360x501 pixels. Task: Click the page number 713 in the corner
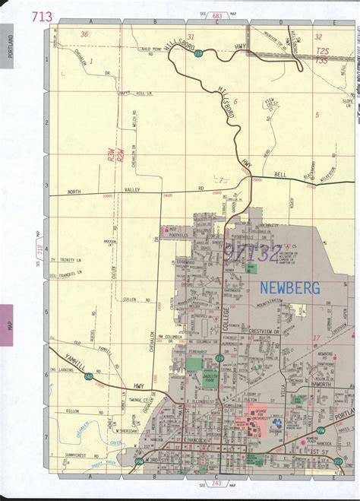coord(43,16)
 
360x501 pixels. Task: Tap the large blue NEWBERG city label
coord(290,287)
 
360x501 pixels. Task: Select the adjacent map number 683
coord(216,14)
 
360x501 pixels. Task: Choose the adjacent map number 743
coord(216,484)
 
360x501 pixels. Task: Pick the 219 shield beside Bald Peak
coord(198,55)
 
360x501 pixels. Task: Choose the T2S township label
coord(322,48)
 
